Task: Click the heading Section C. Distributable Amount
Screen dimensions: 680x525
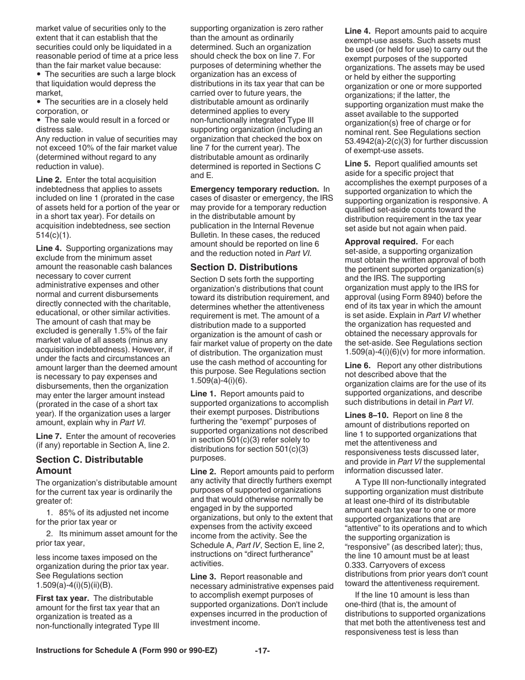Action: click(90, 465)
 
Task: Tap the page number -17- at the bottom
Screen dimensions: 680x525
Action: click(262, 651)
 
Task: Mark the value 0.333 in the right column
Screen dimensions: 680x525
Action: click(355, 565)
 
